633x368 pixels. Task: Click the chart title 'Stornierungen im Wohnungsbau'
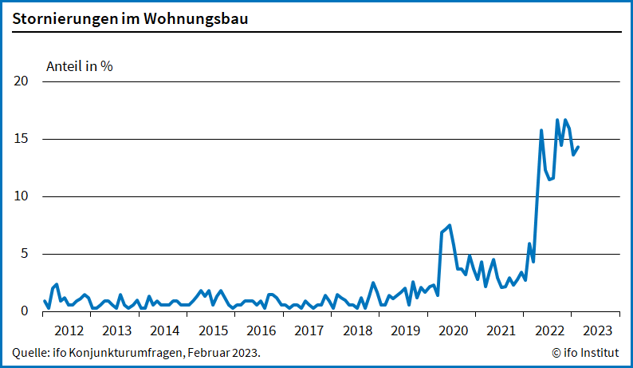[130, 18]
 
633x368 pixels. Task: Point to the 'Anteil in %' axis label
[80, 66]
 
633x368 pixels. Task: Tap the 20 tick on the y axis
[22, 81]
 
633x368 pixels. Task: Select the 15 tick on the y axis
[22, 139]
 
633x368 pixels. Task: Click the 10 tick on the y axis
[22, 196]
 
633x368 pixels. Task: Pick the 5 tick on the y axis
[25, 254]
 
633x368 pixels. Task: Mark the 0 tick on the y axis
[25, 311]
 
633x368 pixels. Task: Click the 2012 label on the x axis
[69, 330]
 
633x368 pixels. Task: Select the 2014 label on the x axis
[164, 330]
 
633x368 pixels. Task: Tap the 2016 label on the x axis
[261, 330]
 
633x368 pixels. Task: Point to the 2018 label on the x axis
[357, 330]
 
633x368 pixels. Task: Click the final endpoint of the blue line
[578, 147]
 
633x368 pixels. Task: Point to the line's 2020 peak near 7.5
[450, 225]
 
